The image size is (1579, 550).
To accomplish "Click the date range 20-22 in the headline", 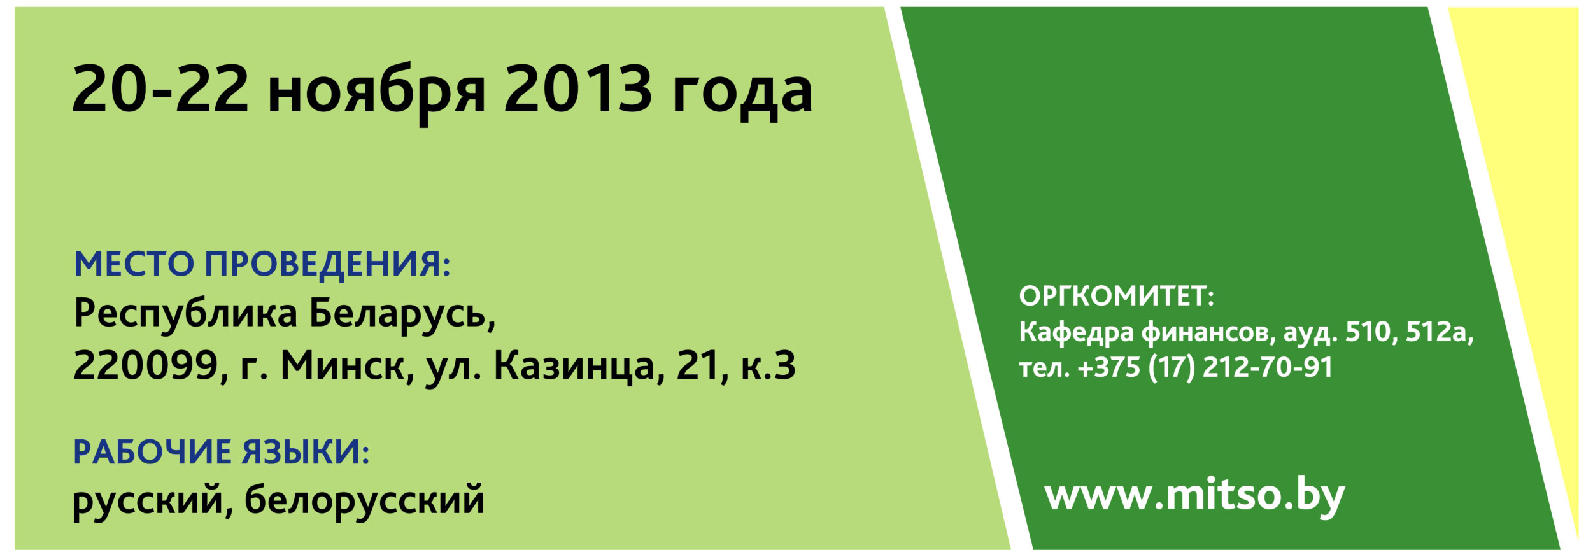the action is [160, 90].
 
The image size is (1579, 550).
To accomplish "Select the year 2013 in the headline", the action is [578, 90].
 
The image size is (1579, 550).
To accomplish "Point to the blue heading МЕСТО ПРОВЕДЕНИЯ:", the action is [262, 264].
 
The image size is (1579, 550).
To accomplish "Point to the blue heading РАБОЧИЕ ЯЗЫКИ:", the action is [222, 452].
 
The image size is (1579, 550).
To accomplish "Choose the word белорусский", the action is [365, 500].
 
